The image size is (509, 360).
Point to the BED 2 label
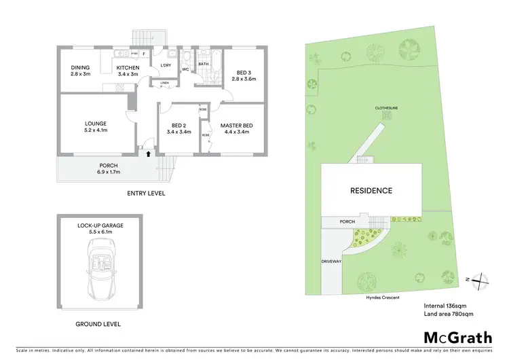pos(179,128)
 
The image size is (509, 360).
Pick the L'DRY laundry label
pos(165,66)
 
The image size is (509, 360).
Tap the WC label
pos(185,69)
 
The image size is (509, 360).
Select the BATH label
pos(203,65)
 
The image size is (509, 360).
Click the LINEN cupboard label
pos(164,83)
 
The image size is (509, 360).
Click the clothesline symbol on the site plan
pos(387,115)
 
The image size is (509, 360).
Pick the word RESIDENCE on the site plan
pos(371,191)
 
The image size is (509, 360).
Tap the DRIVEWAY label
pos(332,261)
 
